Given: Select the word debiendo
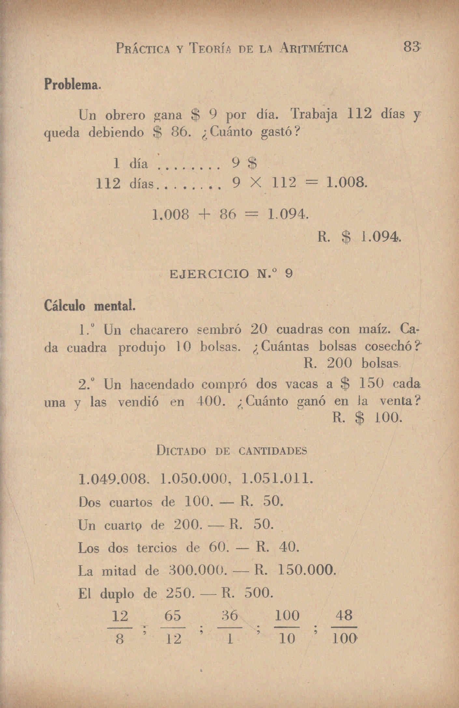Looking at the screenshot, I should point(116,133).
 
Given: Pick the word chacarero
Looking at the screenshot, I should point(159,330).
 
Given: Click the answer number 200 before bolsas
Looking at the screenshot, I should point(340,363).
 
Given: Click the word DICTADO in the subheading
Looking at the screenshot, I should point(181,451).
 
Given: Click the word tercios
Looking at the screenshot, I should point(157,548).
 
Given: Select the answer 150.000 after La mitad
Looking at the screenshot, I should point(307,570).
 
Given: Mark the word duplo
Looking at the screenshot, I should point(117,594).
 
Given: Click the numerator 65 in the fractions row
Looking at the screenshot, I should point(173,616).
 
